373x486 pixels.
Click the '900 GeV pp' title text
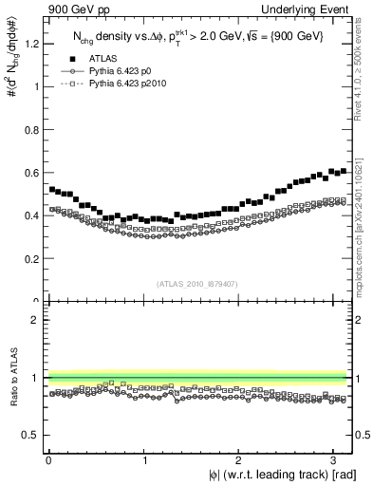[x=76, y=9]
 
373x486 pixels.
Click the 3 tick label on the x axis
[x=336, y=461]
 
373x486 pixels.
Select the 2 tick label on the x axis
[x=240, y=461]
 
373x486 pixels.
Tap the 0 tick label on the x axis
[x=48, y=461]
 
